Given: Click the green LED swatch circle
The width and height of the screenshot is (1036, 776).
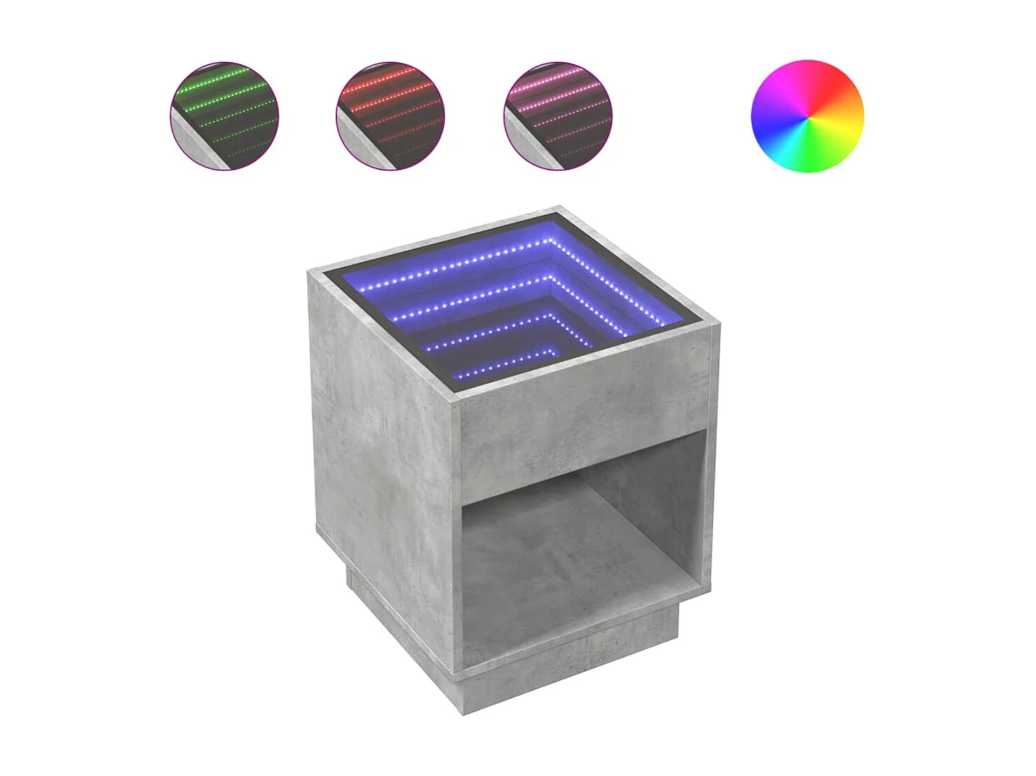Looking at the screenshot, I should coord(224,116).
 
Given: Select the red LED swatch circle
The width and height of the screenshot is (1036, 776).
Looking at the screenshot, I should coord(390,116).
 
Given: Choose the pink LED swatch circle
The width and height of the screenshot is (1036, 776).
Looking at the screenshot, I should coord(557,116).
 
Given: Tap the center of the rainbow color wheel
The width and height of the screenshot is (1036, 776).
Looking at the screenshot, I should coord(807,116).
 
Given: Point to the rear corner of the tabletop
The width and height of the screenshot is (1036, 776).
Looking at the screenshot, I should coord(559,208).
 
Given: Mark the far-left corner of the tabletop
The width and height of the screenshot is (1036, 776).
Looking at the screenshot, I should coord(309,272).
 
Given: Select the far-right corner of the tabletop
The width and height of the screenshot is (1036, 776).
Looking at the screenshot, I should coord(718,324).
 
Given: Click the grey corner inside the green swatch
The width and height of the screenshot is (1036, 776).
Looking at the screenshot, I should coord(193,144).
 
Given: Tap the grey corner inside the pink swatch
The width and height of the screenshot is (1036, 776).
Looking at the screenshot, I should coord(526,144).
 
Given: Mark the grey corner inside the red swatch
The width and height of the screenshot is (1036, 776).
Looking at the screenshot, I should coord(359,144).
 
